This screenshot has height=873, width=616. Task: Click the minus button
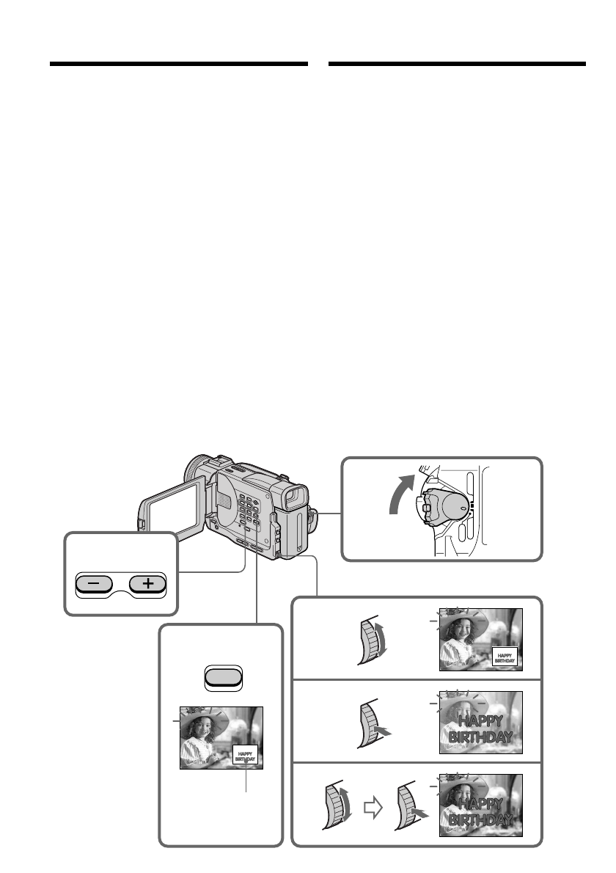[x=95, y=585]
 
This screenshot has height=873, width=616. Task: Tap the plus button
[x=149, y=585]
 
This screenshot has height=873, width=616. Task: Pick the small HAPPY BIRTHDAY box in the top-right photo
[x=505, y=657]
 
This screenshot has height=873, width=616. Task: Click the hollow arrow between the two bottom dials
[x=374, y=808]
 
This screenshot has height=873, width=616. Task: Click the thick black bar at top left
[x=178, y=65]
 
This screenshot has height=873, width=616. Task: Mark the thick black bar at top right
[x=457, y=65]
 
